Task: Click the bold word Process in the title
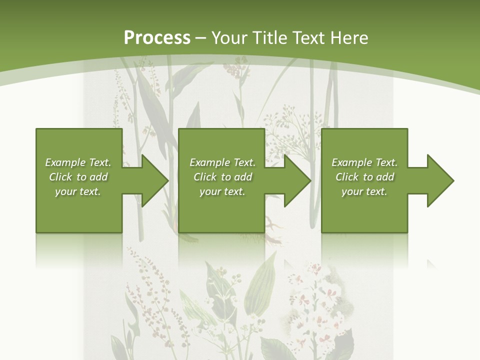pos(157,38)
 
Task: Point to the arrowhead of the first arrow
pos(155,180)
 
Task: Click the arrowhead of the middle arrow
pos(298,180)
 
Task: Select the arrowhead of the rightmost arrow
pos(440,180)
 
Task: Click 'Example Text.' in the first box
pos(78,162)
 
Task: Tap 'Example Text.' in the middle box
pos(222,162)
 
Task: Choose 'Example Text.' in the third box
pos(364,162)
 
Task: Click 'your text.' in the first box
pos(78,191)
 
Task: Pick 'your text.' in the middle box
pos(222,191)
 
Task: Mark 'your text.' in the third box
pos(364,191)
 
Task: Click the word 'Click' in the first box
pos(60,177)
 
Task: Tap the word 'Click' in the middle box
pos(205,177)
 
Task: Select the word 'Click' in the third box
pos(347,177)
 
